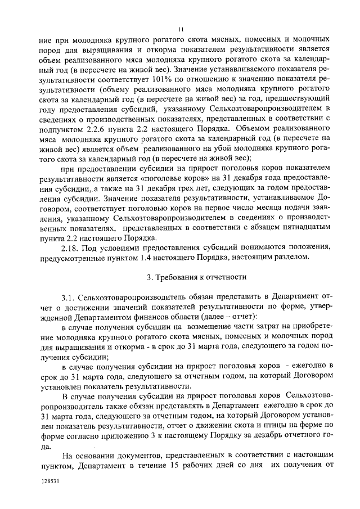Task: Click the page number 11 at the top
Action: click(x=180, y=30)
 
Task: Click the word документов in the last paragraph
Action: click(x=133, y=454)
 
